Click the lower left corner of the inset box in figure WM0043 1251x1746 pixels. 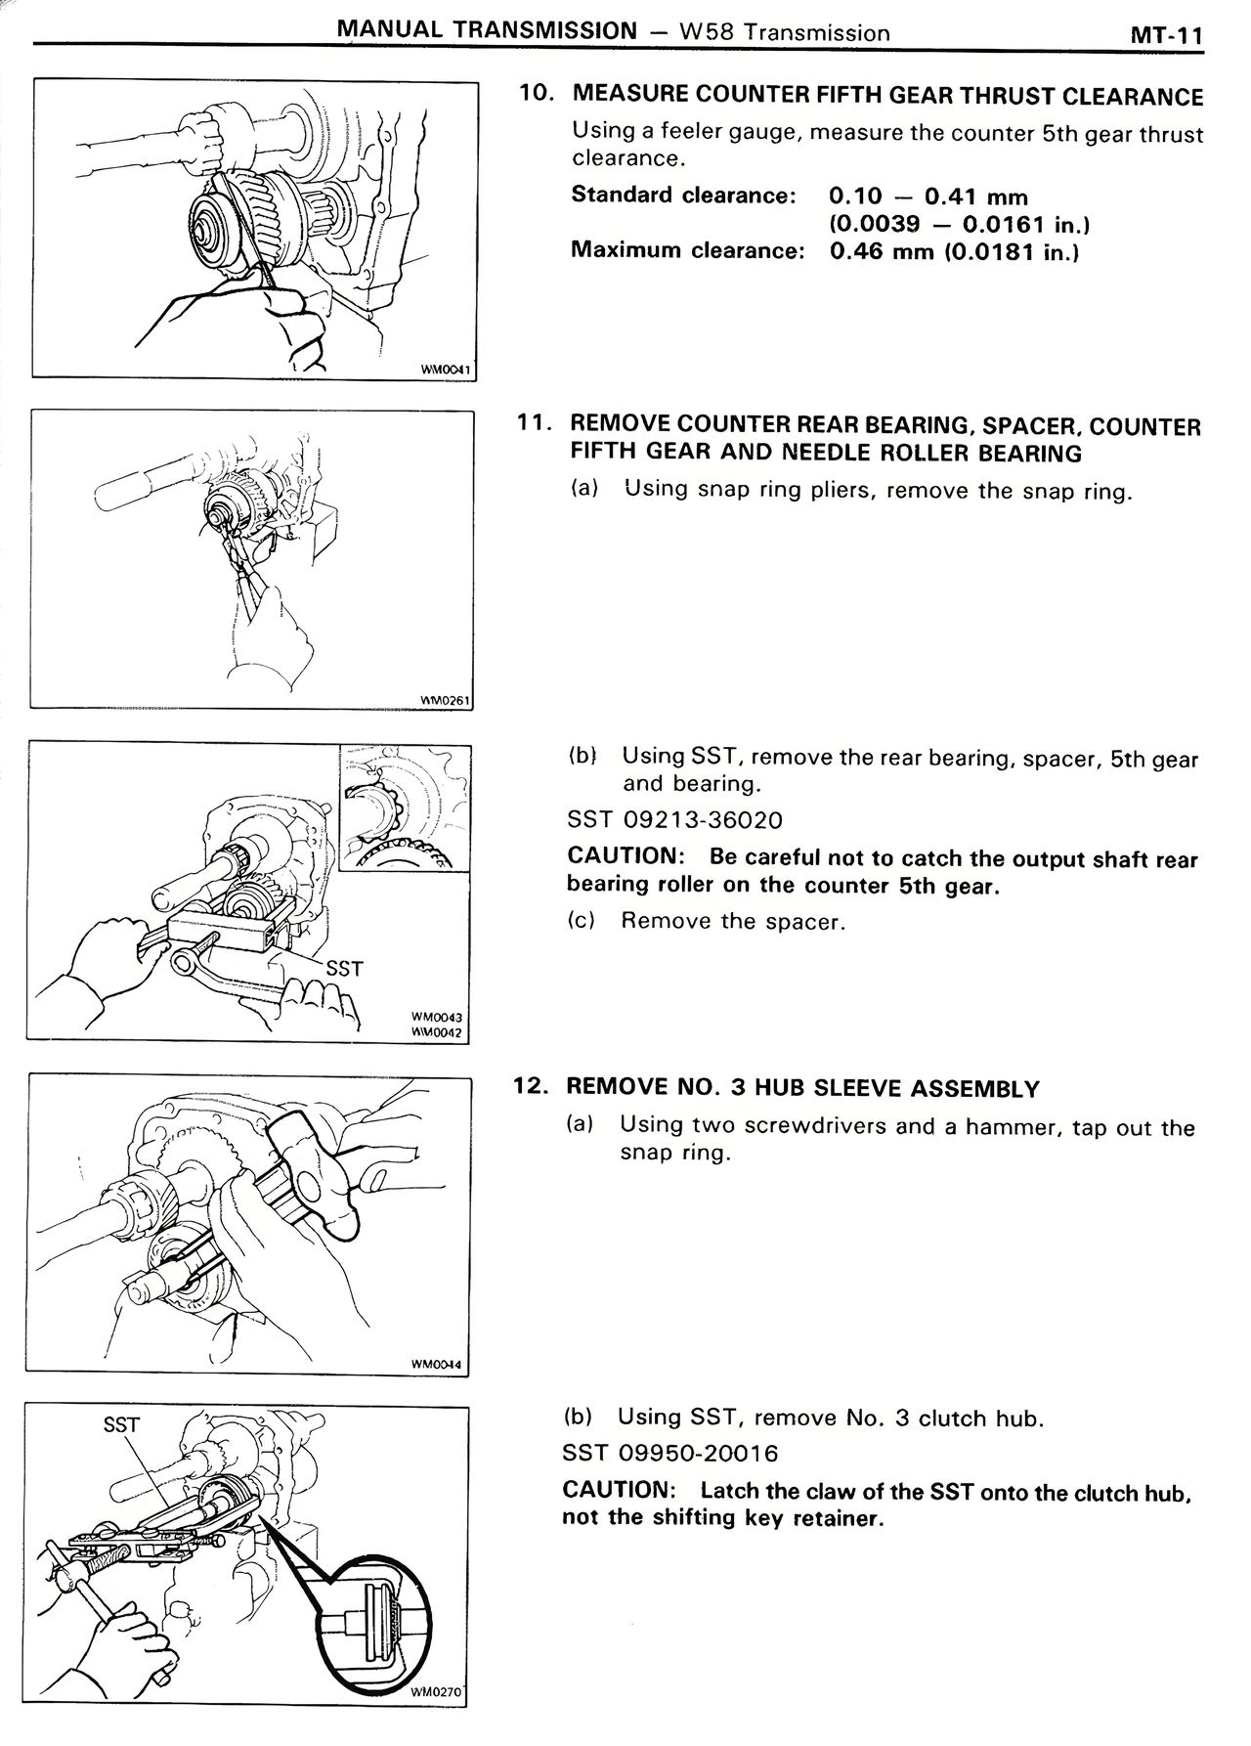[x=340, y=870]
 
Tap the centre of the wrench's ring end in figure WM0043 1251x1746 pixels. [x=183, y=963]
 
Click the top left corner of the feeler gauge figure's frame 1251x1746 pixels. [x=33, y=81]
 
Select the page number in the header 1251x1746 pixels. [x=1165, y=35]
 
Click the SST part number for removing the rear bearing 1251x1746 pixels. [x=674, y=819]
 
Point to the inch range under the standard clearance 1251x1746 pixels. [x=960, y=224]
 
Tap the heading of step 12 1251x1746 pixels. [x=803, y=1088]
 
